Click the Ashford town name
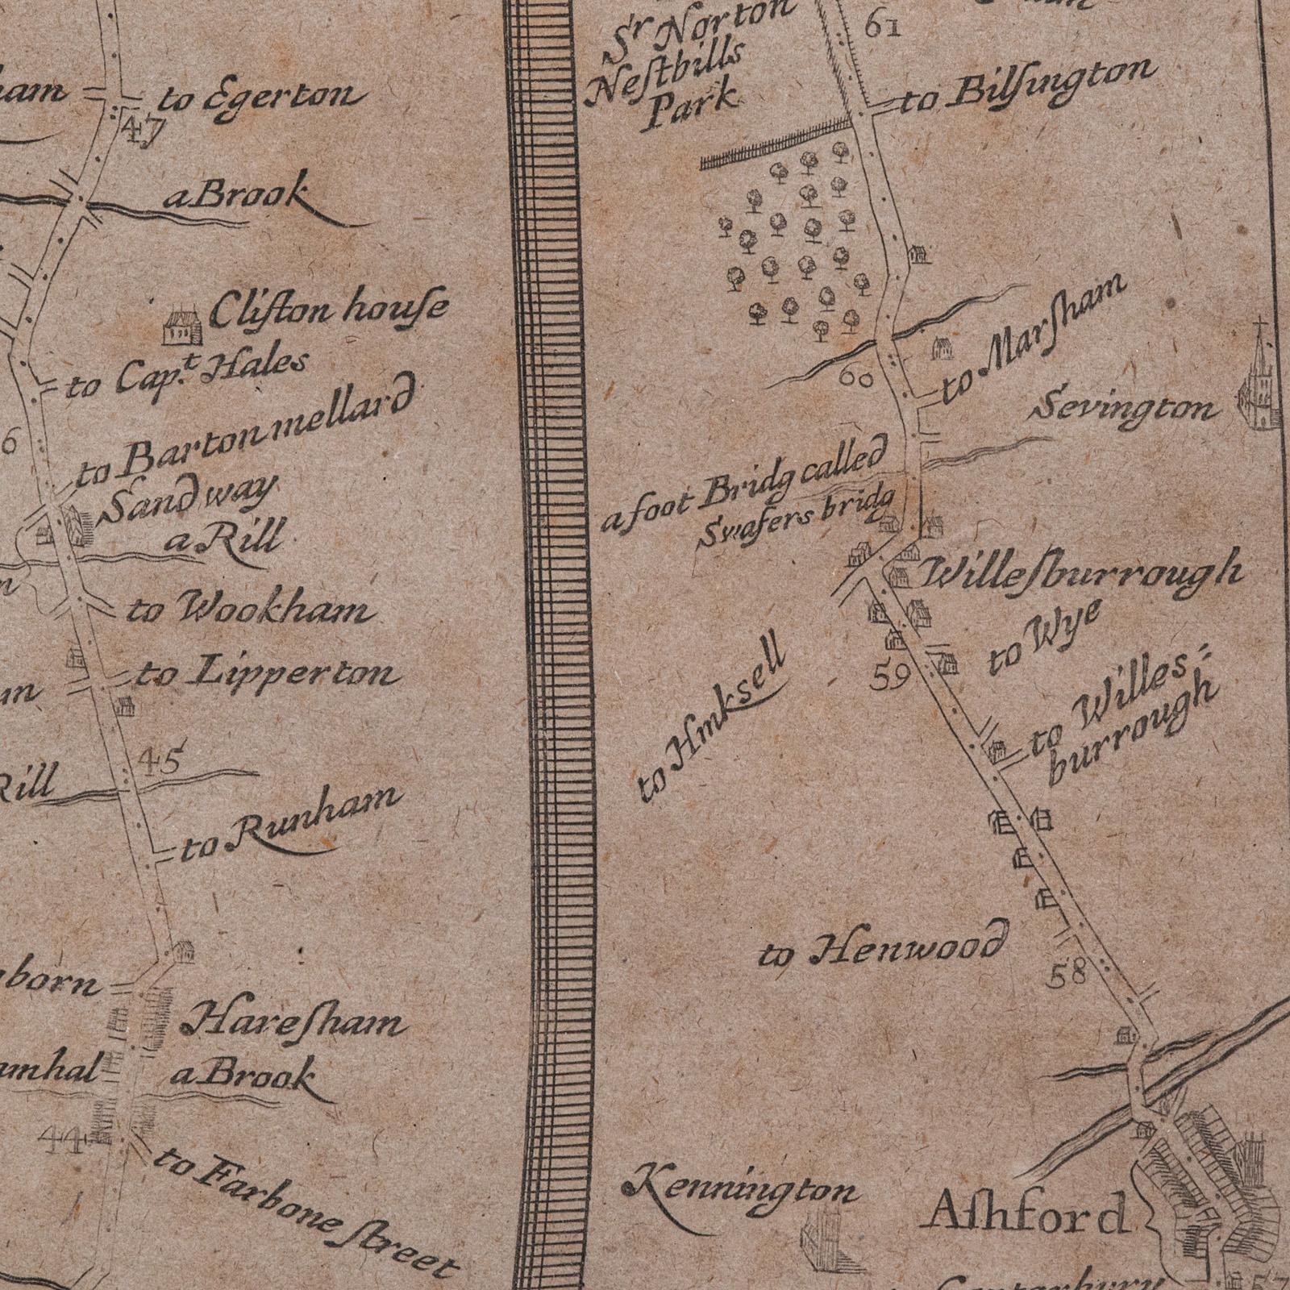[1029, 1215]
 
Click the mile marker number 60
[855, 377]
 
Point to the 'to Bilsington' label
[1024, 86]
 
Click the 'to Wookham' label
[250, 610]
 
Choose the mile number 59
[891, 679]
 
